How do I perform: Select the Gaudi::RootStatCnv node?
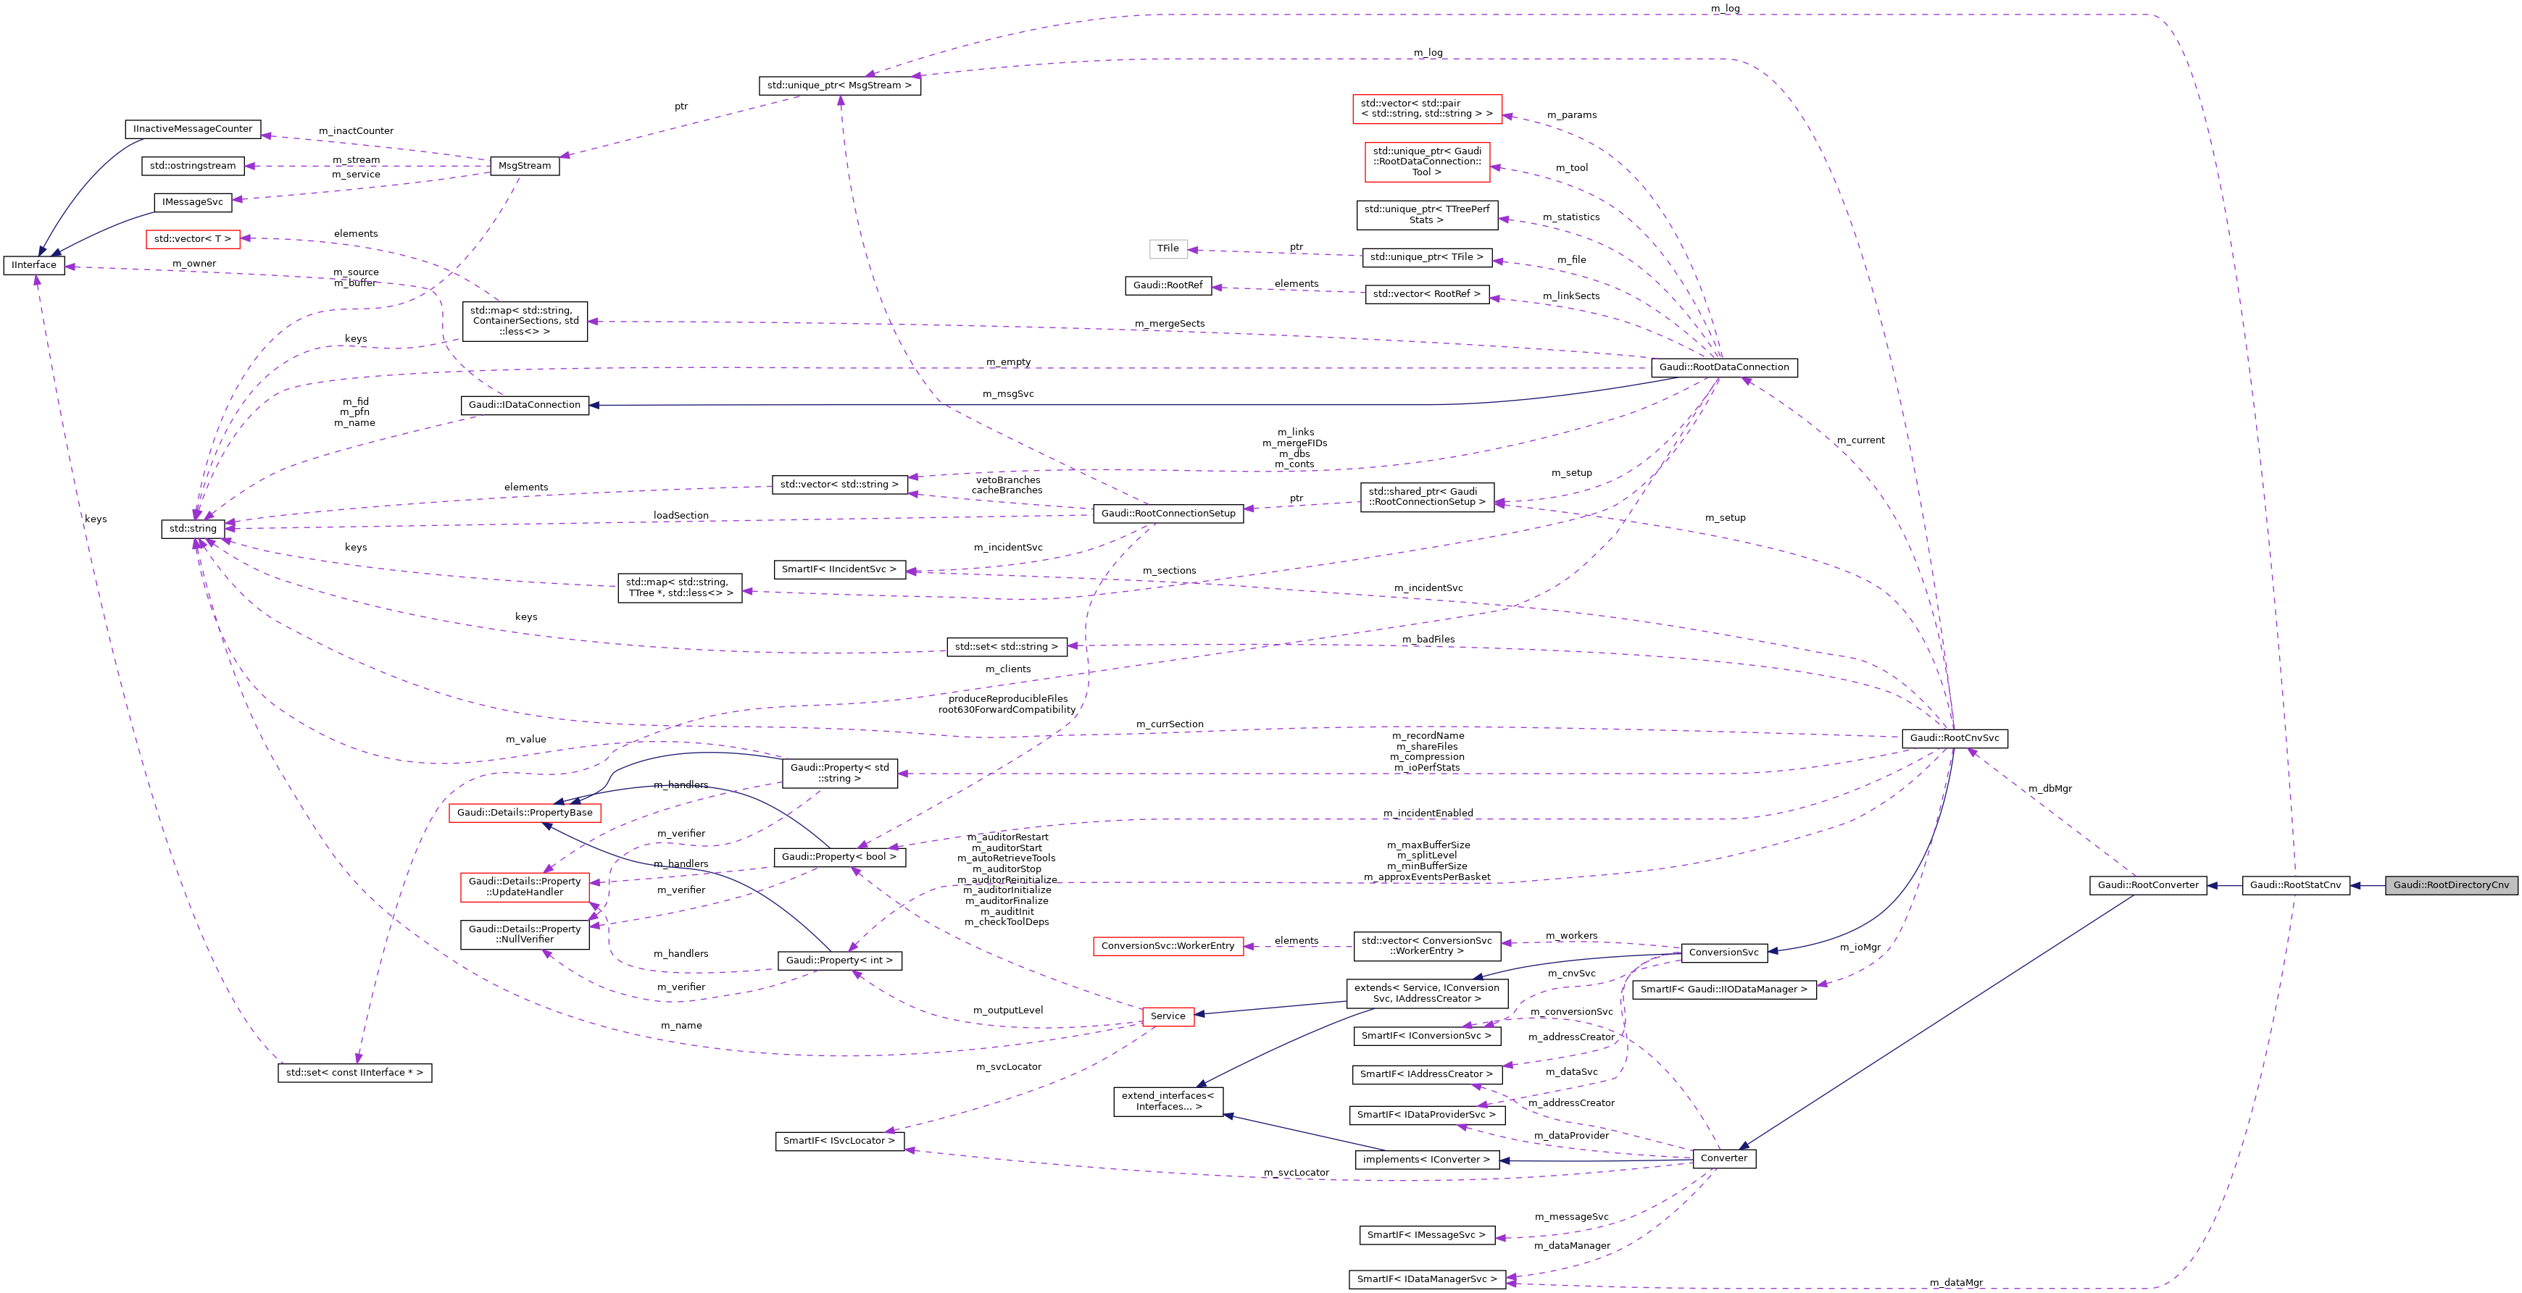(2295, 885)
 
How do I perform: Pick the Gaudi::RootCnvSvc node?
(1954, 738)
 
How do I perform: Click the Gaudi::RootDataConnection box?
(1723, 367)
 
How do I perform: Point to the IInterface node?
(34, 265)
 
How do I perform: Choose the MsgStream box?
(524, 165)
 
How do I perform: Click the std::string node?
(193, 529)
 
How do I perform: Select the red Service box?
(1167, 1016)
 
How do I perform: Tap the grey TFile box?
(1168, 248)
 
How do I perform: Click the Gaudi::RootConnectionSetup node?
(1168, 513)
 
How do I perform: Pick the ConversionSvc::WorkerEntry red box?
(1167, 945)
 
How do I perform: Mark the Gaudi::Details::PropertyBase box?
(525, 813)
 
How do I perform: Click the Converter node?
(1723, 1158)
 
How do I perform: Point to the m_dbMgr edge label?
(2049, 788)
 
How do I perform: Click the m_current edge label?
(1860, 440)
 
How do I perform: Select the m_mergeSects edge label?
(1169, 324)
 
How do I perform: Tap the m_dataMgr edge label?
(1955, 1282)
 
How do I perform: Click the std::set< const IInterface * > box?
(354, 1073)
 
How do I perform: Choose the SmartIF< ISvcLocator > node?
(839, 1140)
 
